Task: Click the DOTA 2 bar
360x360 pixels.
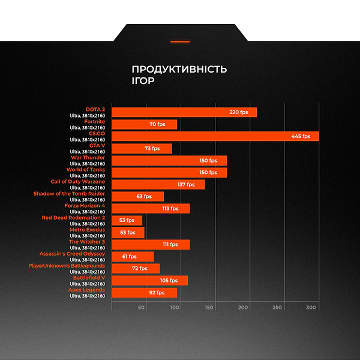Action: click(184, 112)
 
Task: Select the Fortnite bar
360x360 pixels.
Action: click(144, 124)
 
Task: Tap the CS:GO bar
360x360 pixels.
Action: click(215, 136)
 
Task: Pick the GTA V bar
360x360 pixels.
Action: click(142, 148)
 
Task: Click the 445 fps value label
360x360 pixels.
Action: click(301, 136)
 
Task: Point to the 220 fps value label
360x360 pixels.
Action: click(239, 112)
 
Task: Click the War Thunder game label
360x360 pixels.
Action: click(88, 158)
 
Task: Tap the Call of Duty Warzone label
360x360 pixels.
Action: click(77, 182)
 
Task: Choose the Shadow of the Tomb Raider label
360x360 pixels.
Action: click(69, 194)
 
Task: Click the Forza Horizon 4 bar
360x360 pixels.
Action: click(151, 208)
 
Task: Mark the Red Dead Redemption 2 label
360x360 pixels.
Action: click(73, 218)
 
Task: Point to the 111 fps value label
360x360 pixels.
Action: click(170, 244)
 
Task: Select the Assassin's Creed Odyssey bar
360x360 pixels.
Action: click(133, 256)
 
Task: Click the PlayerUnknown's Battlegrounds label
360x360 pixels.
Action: click(67, 266)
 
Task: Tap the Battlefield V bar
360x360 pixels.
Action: click(149, 280)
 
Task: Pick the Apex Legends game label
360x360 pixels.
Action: click(86, 290)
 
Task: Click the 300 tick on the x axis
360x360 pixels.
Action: click(311, 308)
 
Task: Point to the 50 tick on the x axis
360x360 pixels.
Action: click(142, 308)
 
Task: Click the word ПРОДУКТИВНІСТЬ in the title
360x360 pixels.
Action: click(179, 69)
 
